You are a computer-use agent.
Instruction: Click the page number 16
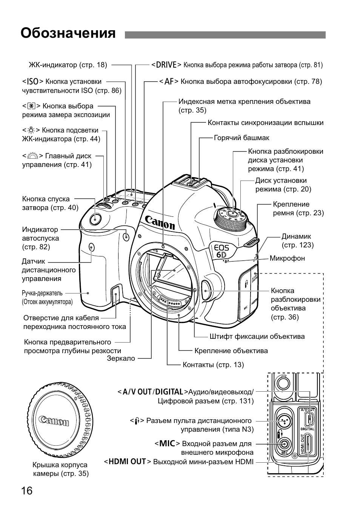click(x=27, y=491)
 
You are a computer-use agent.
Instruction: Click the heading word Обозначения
click(x=68, y=33)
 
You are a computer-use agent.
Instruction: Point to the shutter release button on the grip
click(x=95, y=218)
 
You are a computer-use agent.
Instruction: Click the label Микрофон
click(x=287, y=258)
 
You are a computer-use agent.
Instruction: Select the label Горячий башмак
click(x=242, y=138)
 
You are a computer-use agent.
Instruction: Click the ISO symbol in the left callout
click(x=33, y=82)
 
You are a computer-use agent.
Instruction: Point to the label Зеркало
click(x=121, y=358)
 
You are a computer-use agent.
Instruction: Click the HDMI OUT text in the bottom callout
click(x=128, y=462)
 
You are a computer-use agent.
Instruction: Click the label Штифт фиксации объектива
click(x=257, y=337)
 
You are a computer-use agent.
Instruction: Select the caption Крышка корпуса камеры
click(x=60, y=469)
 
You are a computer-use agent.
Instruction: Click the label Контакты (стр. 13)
click(x=213, y=365)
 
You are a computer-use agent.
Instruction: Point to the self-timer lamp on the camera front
click(x=126, y=237)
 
